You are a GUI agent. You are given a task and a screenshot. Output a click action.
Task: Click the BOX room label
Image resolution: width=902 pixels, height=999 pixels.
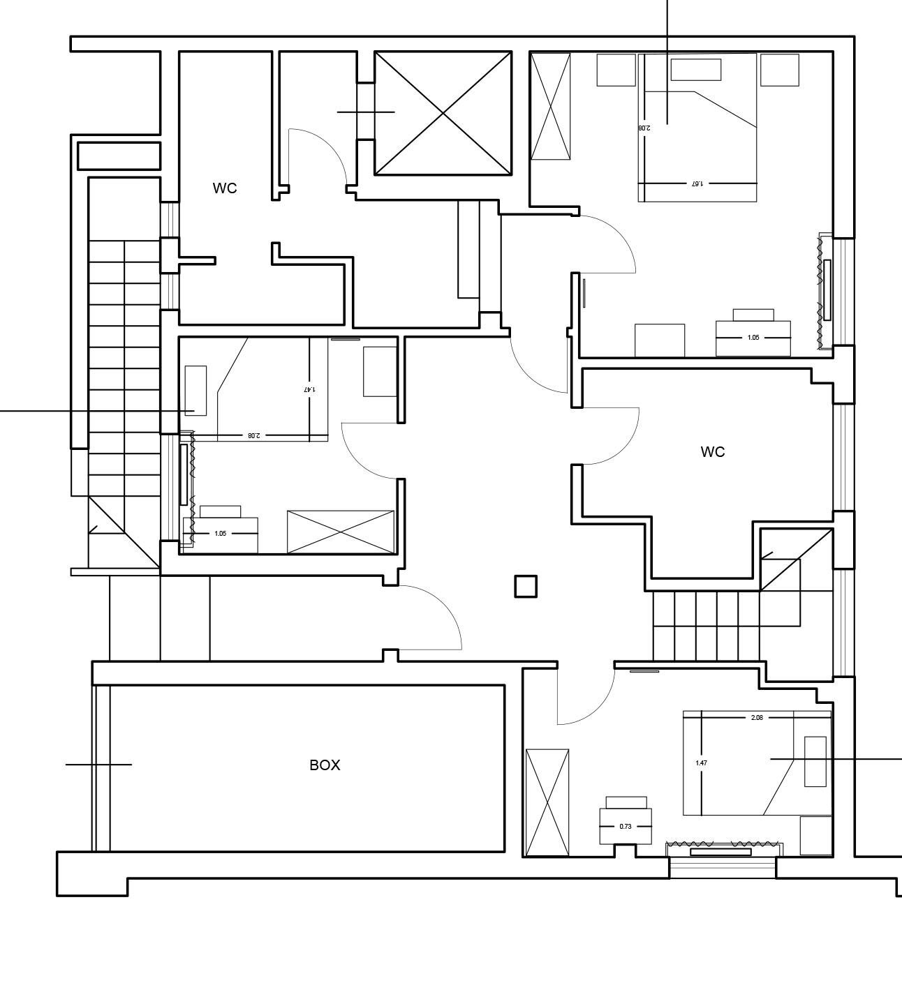tap(325, 765)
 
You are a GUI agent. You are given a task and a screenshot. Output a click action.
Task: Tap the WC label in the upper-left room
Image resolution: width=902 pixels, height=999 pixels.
tap(225, 188)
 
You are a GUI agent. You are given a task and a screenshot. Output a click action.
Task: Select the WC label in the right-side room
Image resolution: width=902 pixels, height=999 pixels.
tap(712, 452)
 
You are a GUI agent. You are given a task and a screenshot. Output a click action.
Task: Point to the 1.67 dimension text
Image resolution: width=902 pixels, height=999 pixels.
tap(696, 183)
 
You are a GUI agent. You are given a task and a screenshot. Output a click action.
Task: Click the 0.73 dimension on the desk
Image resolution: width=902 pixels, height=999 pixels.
tap(626, 826)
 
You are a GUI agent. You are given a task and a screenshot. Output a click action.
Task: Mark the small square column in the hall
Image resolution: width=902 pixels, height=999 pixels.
tap(526, 587)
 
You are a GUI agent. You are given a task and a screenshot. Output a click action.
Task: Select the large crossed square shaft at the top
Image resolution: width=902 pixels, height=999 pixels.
tap(443, 113)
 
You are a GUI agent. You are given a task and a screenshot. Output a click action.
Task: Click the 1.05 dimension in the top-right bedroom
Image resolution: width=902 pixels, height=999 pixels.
tap(753, 338)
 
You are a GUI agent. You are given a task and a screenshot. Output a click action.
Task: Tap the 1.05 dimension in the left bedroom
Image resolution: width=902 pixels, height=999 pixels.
tap(220, 534)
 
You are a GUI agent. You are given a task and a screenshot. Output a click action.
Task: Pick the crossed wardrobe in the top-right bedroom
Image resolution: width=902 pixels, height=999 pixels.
tap(551, 107)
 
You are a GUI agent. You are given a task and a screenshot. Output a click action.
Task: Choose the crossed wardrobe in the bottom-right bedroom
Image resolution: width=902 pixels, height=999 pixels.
tap(547, 802)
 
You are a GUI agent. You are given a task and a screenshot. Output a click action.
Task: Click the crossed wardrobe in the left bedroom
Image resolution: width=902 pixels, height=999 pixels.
tap(341, 532)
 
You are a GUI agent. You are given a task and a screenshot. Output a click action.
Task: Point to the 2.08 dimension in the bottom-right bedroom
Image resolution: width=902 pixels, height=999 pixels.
tap(756, 718)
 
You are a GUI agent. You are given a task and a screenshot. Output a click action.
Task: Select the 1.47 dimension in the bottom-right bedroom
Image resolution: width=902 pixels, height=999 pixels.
tap(701, 763)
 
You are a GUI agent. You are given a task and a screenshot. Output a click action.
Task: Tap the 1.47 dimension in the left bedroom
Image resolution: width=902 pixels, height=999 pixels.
tap(309, 389)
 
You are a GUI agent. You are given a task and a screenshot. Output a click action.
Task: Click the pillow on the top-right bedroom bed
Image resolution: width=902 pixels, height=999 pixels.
tap(695, 70)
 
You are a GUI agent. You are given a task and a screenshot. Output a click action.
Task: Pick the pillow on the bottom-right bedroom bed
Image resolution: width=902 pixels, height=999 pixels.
tap(815, 761)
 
